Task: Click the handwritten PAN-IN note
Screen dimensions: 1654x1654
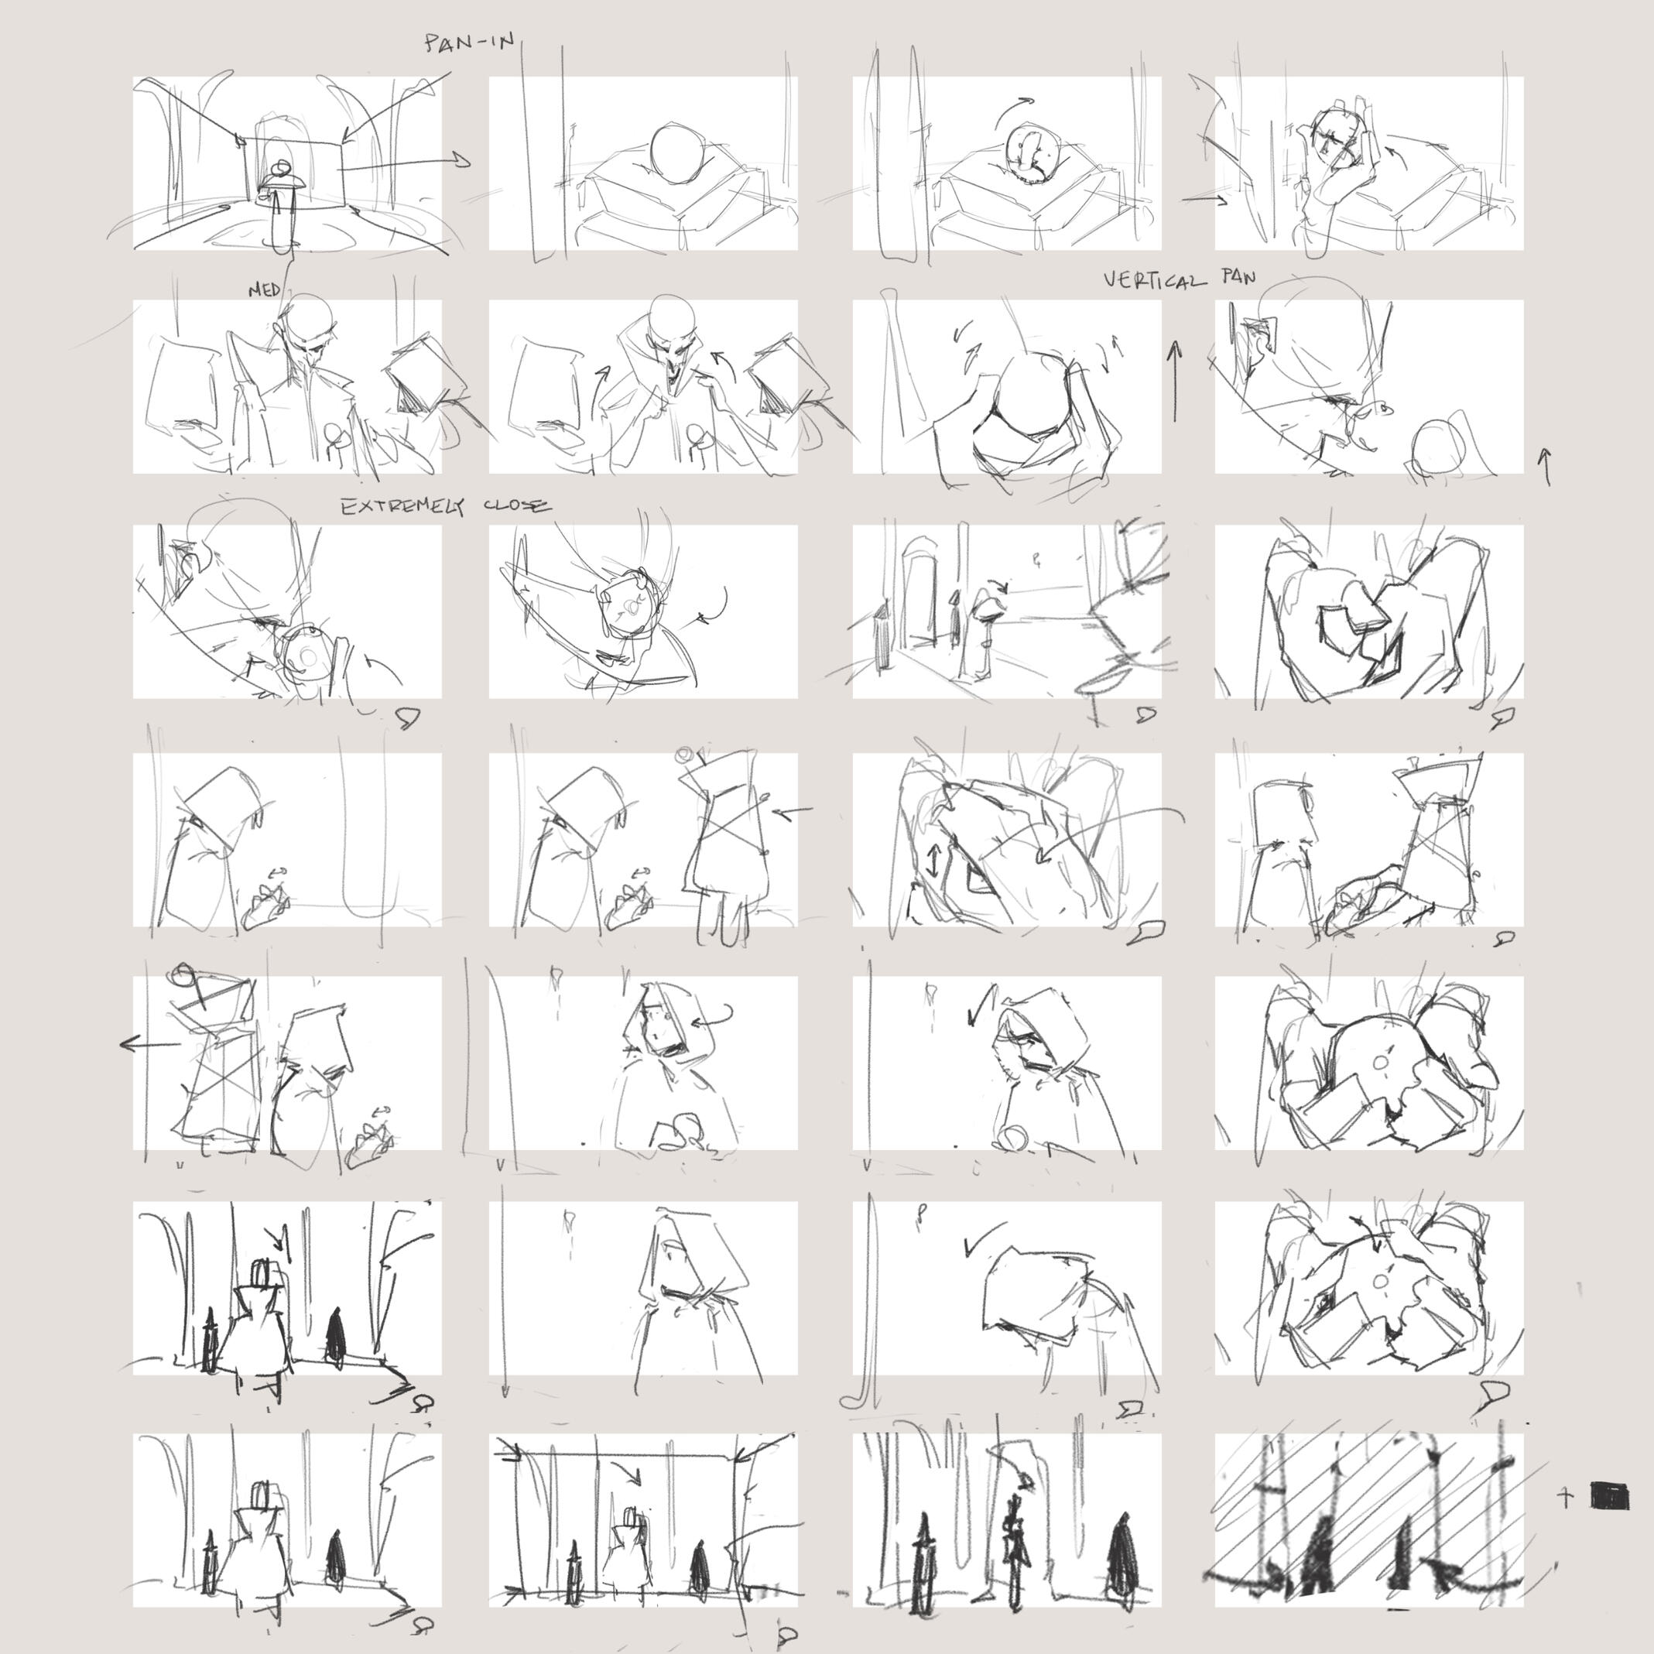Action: (x=469, y=43)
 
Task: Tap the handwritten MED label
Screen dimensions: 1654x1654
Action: (x=265, y=290)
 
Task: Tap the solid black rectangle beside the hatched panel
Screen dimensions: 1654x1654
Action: (x=1608, y=1495)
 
